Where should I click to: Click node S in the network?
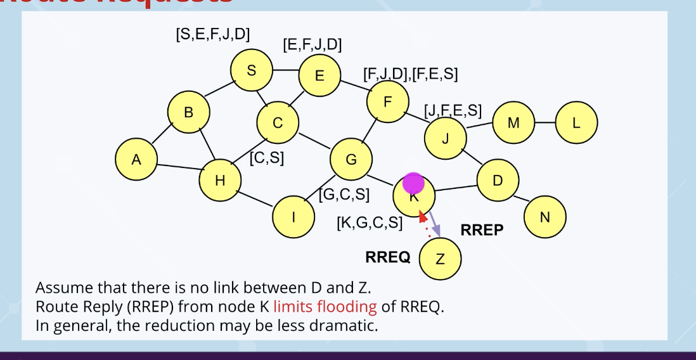coord(252,70)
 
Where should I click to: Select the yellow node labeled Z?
coord(441,258)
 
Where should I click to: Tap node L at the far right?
coord(576,123)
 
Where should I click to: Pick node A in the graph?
coord(136,160)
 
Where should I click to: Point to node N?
coord(545,217)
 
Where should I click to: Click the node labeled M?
coord(513,123)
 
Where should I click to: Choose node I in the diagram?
coord(293,217)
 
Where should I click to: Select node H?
coord(220,181)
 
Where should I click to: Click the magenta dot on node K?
coord(413,183)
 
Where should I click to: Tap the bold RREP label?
coord(482,230)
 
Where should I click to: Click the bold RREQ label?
coord(388,257)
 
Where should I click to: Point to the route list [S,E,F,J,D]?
coord(212,34)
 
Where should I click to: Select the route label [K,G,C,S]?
coord(370,222)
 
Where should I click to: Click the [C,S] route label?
coord(267,158)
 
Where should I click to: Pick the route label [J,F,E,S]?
coord(453,111)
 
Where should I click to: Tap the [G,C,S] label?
coord(345,194)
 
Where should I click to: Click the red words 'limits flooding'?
coord(325,307)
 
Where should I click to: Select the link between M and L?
coord(545,122)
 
